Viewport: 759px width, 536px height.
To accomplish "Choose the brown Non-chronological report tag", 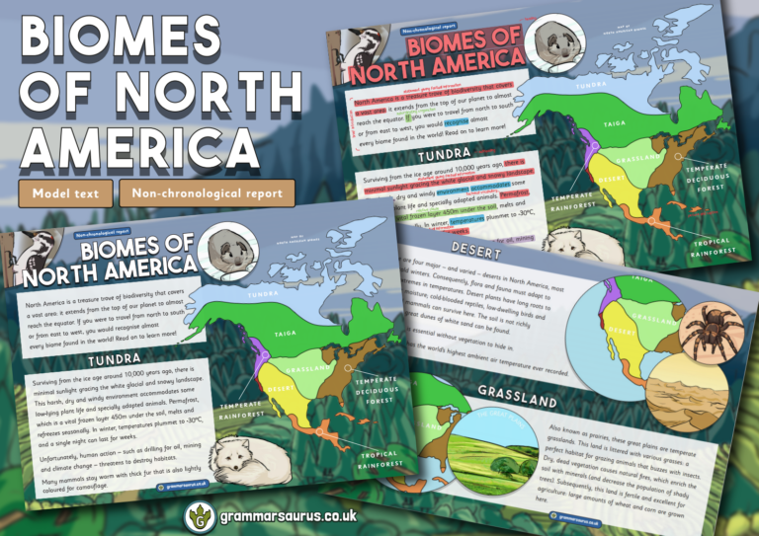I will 207,193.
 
